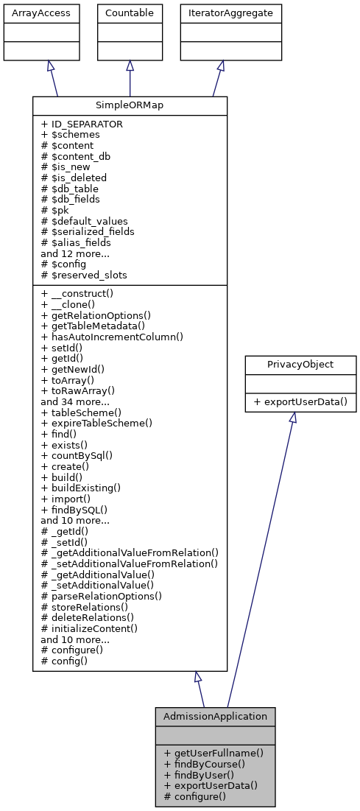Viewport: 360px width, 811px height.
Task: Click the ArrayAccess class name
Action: tap(30, 13)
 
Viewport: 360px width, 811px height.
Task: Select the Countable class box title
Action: tap(130, 13)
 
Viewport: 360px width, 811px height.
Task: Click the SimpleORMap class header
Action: tap(130, 105)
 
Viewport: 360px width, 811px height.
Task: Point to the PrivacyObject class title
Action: tap(292, 364)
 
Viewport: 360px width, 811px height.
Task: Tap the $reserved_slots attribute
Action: tap(84, 275)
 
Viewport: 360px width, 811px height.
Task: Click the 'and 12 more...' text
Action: tap(75, 253)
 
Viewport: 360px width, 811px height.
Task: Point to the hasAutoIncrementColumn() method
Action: tap(112, 337)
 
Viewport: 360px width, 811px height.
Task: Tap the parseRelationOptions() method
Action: tap(102, 595)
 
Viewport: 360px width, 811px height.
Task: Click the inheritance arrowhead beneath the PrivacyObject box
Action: tap(292, 418)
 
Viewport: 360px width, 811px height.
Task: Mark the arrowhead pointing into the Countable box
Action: tap(130, 66)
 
